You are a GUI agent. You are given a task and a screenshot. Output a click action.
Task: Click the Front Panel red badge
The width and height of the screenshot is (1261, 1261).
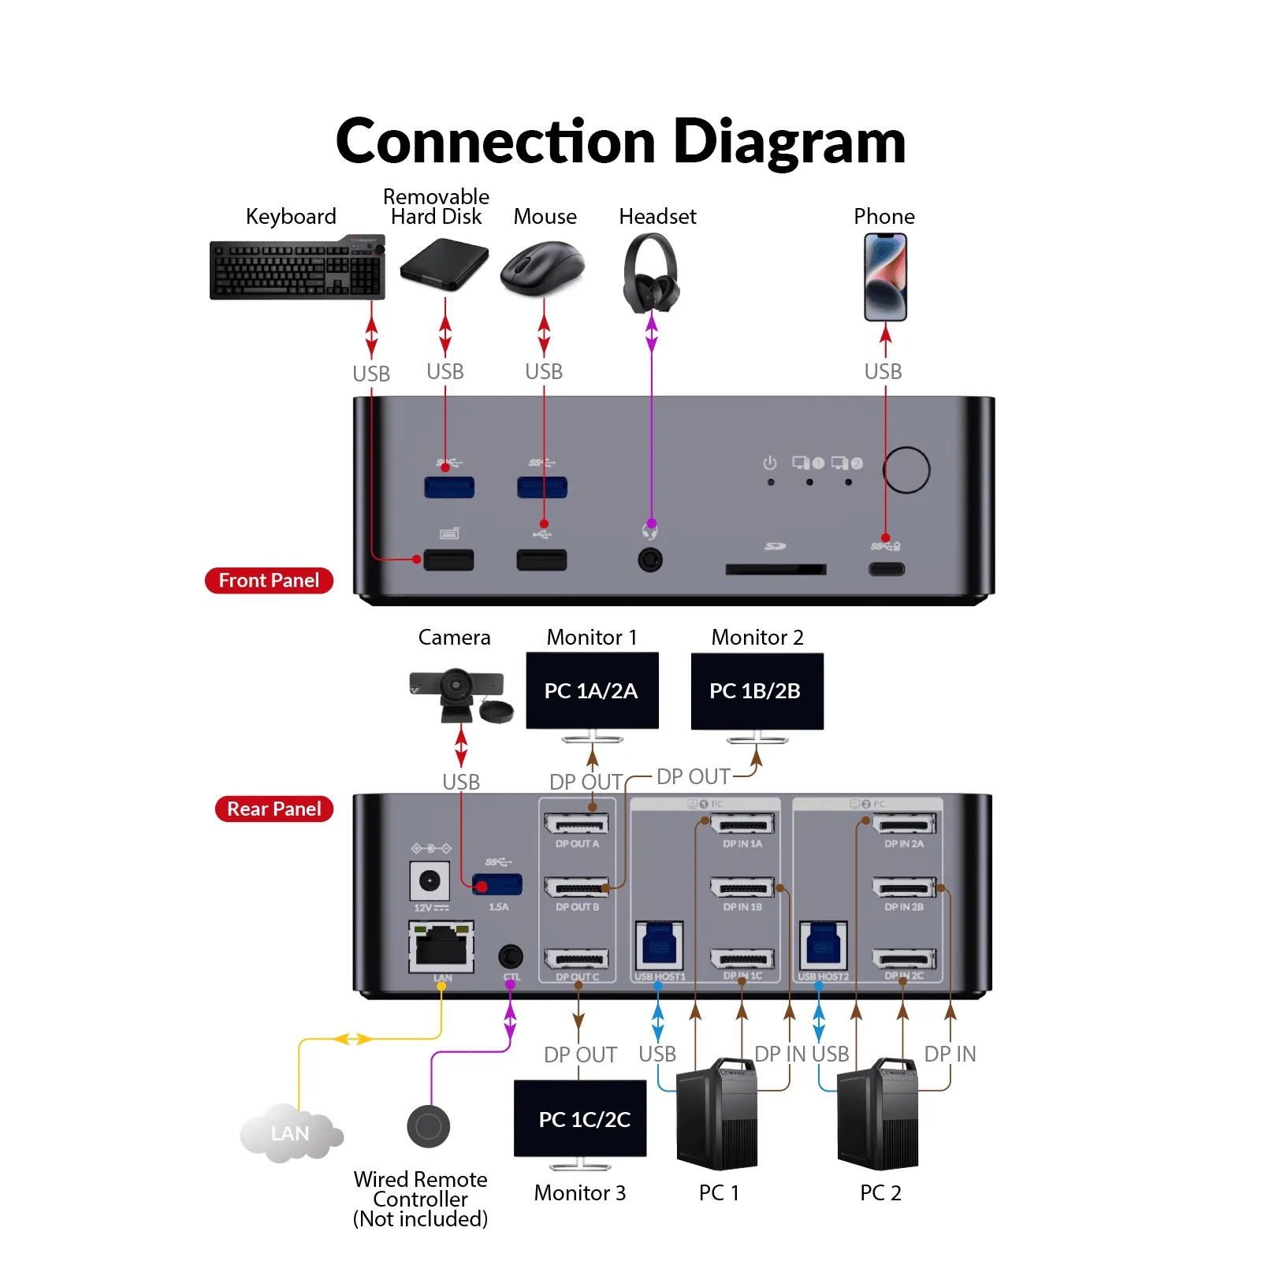pyautogui.click(x=269, y=580)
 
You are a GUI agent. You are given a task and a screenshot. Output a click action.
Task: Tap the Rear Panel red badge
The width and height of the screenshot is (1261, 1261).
pyautogui.click(x=273, y=809)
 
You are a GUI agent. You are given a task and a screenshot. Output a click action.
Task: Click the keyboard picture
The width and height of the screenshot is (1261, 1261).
pyautogui.click(x=297, y=268)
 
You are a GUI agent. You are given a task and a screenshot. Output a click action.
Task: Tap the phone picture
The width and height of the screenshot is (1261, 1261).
pyautogui.click(x=885, y=277)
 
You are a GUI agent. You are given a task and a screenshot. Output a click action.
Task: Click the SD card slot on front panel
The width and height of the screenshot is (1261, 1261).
pyautogui.click(x=776, y=568)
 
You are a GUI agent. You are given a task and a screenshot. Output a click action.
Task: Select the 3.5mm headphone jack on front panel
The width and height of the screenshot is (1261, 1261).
pyautogui.click(x=650, y=560)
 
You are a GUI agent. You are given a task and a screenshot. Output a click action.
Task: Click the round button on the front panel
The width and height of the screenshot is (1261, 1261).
pyautogui.click(x=906, y=470)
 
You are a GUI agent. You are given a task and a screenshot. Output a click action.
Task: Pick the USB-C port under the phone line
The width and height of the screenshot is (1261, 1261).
pyautogui.click(x=887, y=568)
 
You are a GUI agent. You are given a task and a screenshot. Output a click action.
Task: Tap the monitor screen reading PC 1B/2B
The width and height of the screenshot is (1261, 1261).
pyautogui.click(x=757, y=690)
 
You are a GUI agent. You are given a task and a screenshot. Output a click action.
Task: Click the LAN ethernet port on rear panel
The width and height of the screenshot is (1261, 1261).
pyautogui.click(x=441, y=947)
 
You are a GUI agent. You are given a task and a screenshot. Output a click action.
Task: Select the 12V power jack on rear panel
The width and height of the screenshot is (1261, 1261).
pyautogui.click(x=430, y=880)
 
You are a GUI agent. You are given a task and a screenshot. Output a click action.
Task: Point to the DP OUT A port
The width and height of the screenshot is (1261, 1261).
pyautogui.click(x=577, y=824)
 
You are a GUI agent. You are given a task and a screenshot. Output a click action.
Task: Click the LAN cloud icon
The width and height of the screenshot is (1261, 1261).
pyautogui.click(x=290, y=1133)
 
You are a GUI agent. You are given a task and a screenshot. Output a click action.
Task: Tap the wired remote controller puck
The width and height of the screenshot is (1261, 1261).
pyautogui.click(x=428, y=1126)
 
